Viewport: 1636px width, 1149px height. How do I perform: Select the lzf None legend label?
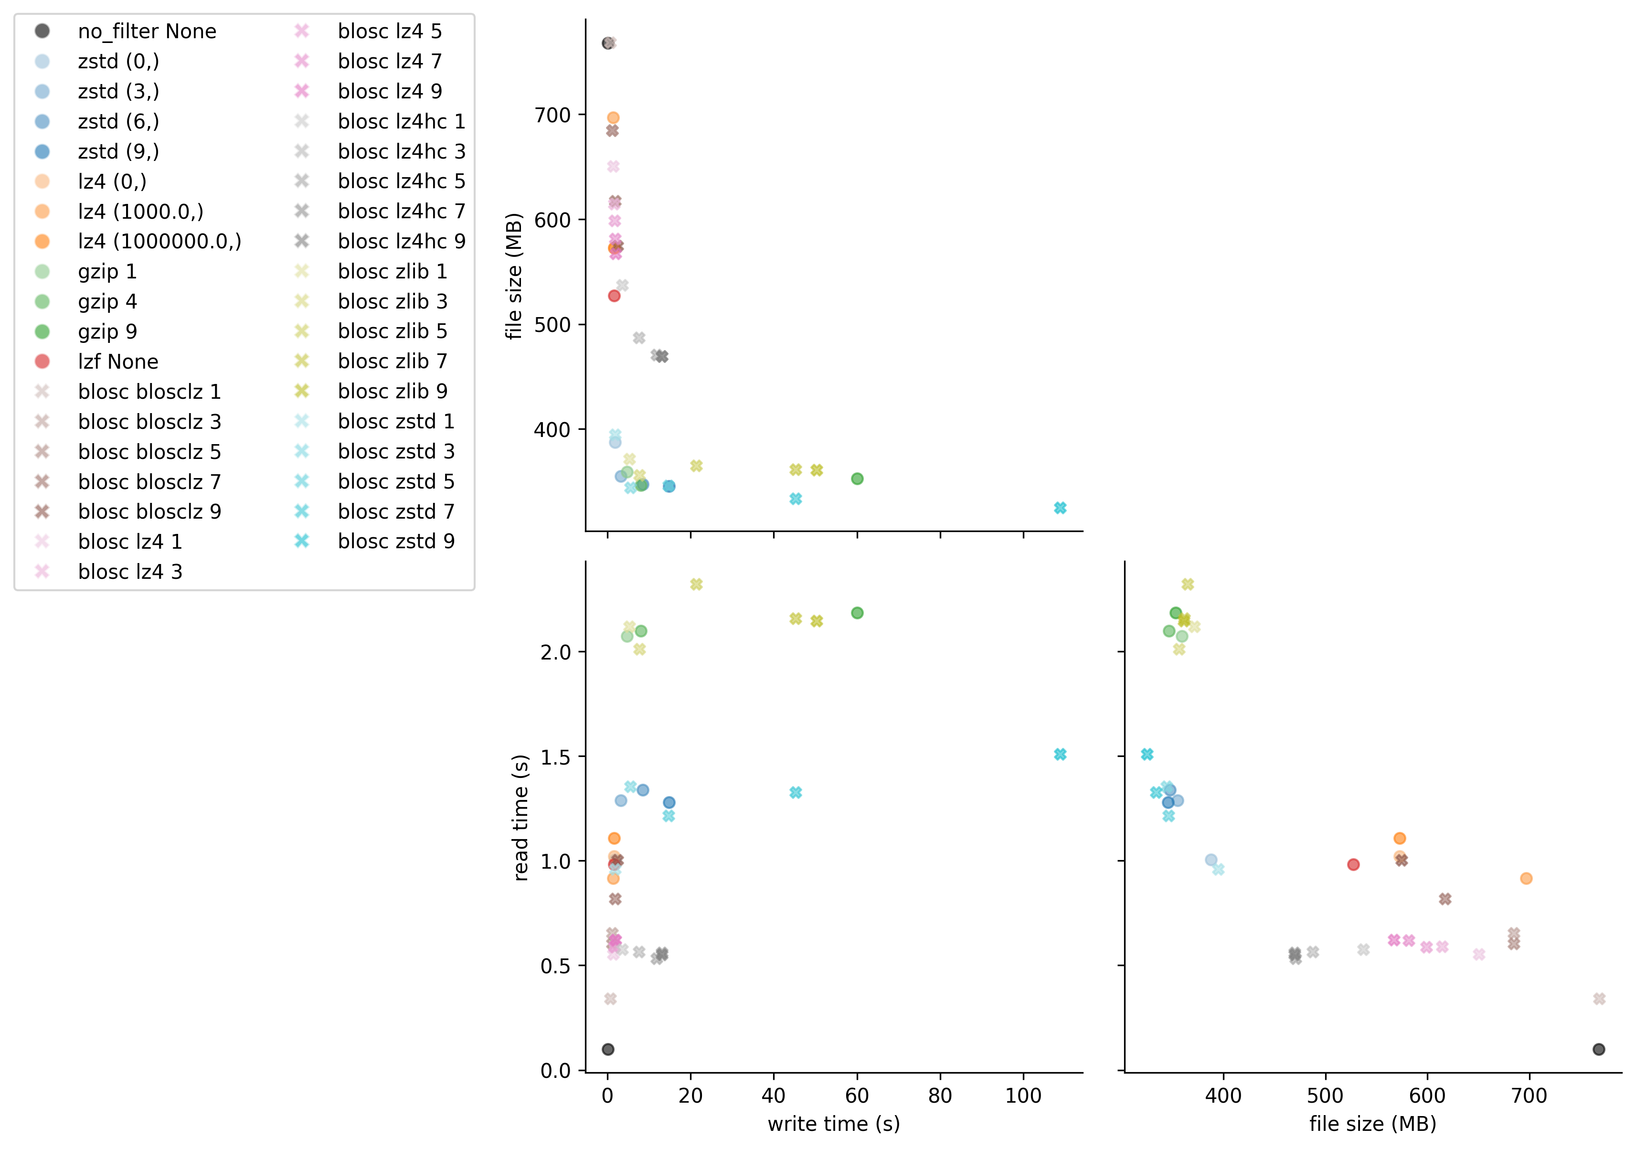[117, 362]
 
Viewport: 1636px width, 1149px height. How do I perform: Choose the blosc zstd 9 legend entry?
[395, 542]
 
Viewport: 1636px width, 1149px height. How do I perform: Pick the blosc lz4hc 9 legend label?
[401, 242]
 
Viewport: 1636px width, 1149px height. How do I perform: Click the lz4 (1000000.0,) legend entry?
[159, 242]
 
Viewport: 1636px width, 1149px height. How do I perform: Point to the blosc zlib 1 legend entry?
[392, 272]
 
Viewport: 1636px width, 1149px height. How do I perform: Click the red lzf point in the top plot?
[614, 296]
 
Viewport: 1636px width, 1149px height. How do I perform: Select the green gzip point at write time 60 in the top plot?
[857, 479]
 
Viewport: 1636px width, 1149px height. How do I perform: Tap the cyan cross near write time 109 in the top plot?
[1060, 508]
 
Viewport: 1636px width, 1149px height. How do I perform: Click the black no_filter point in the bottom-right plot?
[1599, 1049]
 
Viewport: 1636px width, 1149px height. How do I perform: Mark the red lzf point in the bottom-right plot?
[1353, 864]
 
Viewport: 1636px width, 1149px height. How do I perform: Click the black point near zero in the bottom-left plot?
[608, 1049]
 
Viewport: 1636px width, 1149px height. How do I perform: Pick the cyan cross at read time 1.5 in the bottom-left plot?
[1060, 754]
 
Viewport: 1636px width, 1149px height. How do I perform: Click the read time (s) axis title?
[521, 818]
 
